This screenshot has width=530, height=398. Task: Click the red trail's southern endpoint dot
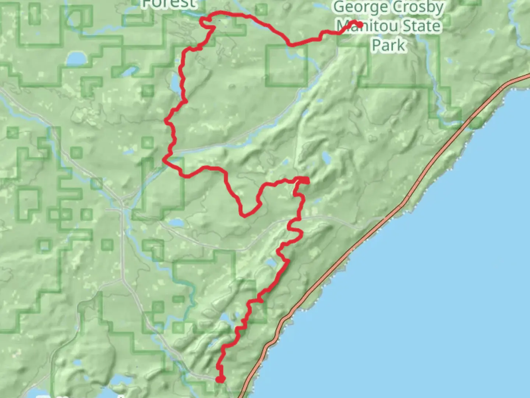pos(220,379)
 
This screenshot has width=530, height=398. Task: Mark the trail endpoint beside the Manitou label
pos(360,25)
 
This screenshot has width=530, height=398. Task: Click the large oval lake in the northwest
pos(76,58)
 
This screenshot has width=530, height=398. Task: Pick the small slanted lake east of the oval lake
pos(127,71)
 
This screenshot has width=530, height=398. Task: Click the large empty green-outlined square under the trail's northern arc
pos(287,66)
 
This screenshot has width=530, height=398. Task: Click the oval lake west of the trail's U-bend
pos(177,223)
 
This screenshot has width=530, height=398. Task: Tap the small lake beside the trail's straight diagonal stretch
pos(272,263)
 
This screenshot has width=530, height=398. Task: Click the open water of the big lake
pos(423,295)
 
